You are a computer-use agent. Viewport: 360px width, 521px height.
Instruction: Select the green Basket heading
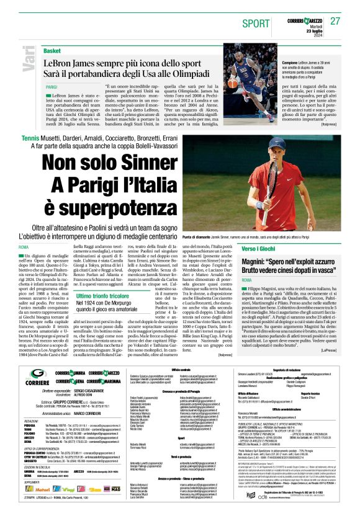coord(52,50)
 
